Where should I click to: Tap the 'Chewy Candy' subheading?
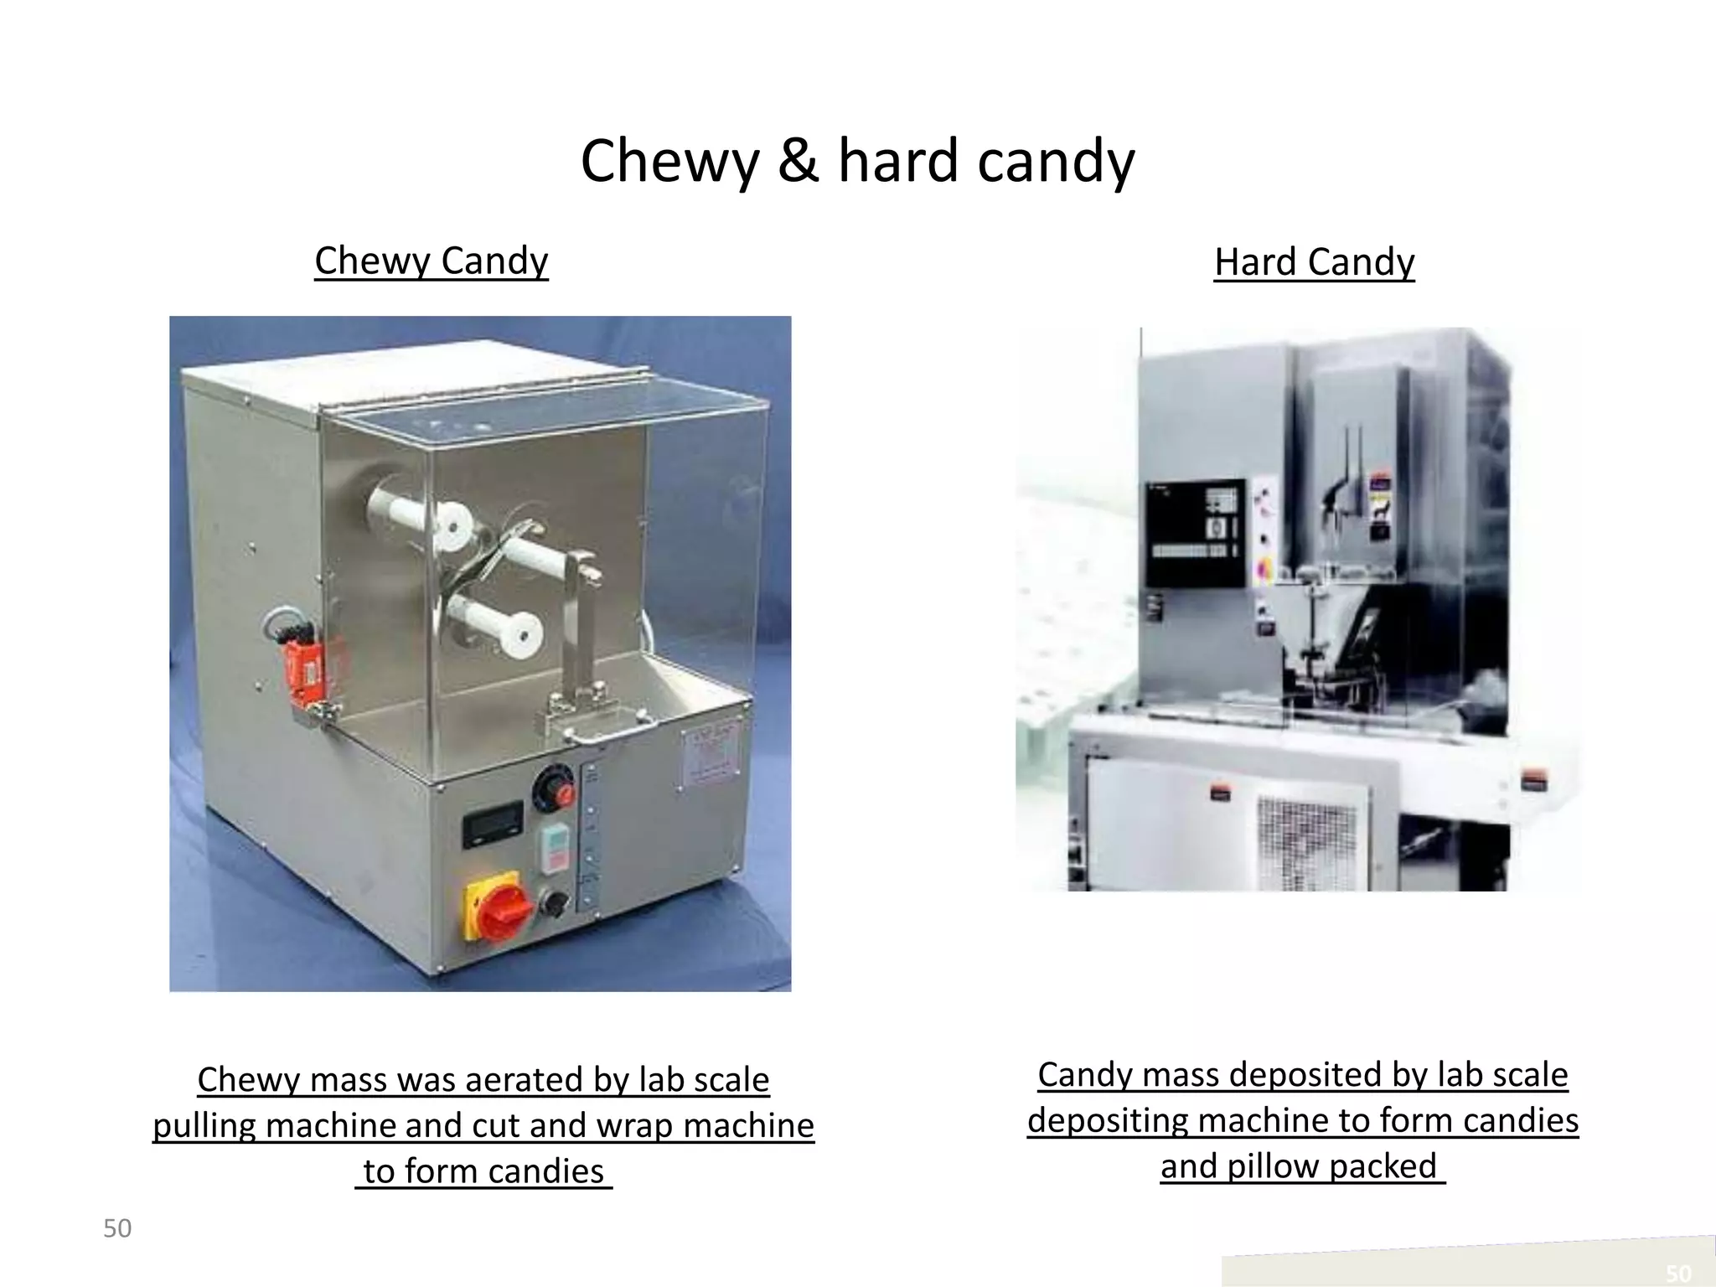(x=431, y=261)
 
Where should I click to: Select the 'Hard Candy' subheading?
(x=1314, y=262)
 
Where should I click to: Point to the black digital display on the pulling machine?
(x=493, y=823)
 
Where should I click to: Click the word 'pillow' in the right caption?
(x=1274, y=1167)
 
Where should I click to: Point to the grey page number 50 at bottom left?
(x=117, y=1229)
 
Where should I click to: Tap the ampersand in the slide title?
(x=797, y=161)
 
